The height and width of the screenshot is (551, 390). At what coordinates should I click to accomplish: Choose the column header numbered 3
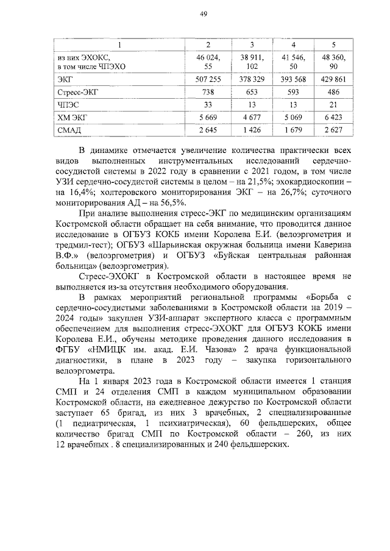[251, 44]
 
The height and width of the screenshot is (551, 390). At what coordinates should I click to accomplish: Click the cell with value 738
[208, 93]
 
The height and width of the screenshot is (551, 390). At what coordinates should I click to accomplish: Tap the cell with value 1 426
[251, 130]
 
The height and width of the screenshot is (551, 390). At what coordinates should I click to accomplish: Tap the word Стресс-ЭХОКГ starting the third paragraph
[109, 277]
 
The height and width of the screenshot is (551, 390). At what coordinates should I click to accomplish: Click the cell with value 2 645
[208, 130]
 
